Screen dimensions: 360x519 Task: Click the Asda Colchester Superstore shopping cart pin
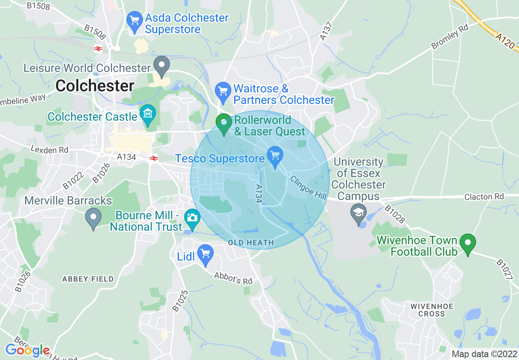pos(134,21)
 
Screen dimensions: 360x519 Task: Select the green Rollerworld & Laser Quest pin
pos(223,124)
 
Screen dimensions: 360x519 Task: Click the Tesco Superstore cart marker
pos(275,156)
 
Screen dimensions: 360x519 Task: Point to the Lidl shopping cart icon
pos(205,254)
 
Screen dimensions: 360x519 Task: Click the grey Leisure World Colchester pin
pos(161,65)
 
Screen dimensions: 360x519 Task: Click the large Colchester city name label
pos(95,86)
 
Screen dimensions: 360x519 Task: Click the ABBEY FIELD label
pos(88,279)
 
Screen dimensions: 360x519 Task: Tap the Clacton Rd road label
pos(484,197)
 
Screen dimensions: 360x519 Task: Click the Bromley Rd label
pos(449,37)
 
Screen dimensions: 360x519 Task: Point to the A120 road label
pos(504,41)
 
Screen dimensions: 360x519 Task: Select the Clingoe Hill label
pos(308,188)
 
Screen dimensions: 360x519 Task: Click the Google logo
pos(27,350)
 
